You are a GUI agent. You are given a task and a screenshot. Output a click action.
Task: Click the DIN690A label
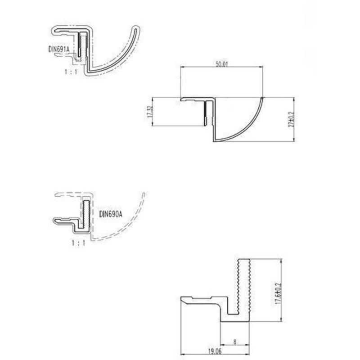tap(110, 215)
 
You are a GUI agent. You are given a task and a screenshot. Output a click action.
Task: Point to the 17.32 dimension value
tap(148, 112)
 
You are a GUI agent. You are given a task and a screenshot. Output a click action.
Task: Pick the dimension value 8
tap(235, 342)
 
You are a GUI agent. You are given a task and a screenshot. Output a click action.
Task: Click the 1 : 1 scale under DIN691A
tap(71, 71)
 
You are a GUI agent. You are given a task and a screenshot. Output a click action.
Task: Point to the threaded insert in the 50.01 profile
tap(207, 113)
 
